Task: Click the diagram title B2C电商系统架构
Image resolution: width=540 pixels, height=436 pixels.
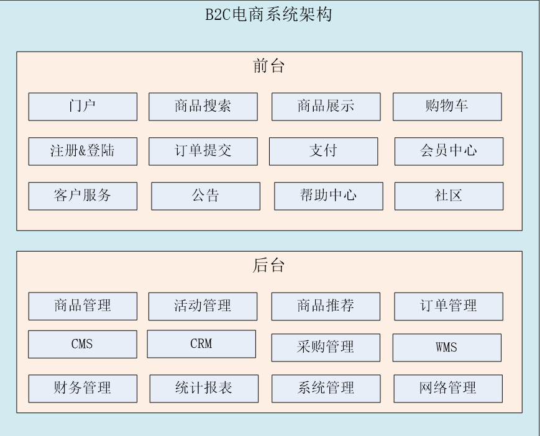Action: pyautogui.click(x=268, y=14)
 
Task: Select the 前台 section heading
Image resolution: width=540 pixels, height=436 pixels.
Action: pyautogui.click(x=269, y=66)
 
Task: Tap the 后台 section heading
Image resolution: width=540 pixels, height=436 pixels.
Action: pyautogui.click(x=269, y=265)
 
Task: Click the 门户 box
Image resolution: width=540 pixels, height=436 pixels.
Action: pyautogui.click(x=83, y=106)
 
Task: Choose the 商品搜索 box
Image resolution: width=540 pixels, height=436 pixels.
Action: pyautogui.click(x=203, y=106)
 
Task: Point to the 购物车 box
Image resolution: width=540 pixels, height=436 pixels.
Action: pyautogui.click(x=447, y=106)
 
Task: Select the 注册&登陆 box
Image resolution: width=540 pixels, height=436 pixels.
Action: pyautogui.click(x=83, y=151)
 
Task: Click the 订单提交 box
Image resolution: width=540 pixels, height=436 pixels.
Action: pyautogui.click(x=203, y=151)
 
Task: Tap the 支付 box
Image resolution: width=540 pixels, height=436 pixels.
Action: pyautogui.click(x=323, y=151)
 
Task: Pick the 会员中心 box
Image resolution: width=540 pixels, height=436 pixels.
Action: pyautogui.click(x=449, y=151)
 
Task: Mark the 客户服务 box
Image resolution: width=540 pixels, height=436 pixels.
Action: pyautogui.click(x=83, y=196)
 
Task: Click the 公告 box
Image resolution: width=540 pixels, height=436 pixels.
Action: pyautogui.click(x=206, y=196)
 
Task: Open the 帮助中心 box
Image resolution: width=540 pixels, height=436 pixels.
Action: pyautogui.click(x=328, y=196)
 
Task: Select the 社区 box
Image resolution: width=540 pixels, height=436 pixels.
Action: pyautogui.click(x=449, y=196)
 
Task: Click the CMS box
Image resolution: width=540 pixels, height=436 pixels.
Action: pyautogui.click(x=83, y=344)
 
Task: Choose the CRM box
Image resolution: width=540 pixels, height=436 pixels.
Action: pyautogui.click(x=201, y=343)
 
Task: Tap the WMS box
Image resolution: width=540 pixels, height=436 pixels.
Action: pyautogui.click(x=447, y=347)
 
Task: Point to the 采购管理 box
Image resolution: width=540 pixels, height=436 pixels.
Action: pyautogui.click(x=326, y=347)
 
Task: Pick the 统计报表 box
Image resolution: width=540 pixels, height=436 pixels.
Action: pyautogui.click(x=204, y=388)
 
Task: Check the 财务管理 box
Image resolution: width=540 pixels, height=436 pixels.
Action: pyautogui.click(x=83, y=388)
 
